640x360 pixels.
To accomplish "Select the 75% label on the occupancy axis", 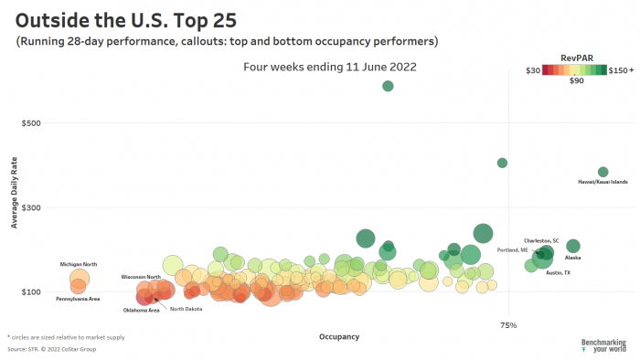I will tap(508, 324).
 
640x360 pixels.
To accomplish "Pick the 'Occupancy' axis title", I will tap(338, 336).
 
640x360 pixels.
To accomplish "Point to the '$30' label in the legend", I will tap(531, 69).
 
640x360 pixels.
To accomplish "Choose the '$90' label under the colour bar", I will tap(576, 81).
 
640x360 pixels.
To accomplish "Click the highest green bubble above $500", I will tap(388, 86).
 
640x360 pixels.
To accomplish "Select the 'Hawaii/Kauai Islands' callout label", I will tap(603, 182).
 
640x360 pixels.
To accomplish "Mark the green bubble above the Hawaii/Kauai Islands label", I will tap(603, 172).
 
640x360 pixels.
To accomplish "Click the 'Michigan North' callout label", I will tap(78, 264).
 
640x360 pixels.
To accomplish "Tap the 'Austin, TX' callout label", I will tap(558, 273).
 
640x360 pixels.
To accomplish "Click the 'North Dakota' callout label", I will tap(187, 309).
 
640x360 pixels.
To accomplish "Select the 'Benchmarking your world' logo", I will tap(603, 345).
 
